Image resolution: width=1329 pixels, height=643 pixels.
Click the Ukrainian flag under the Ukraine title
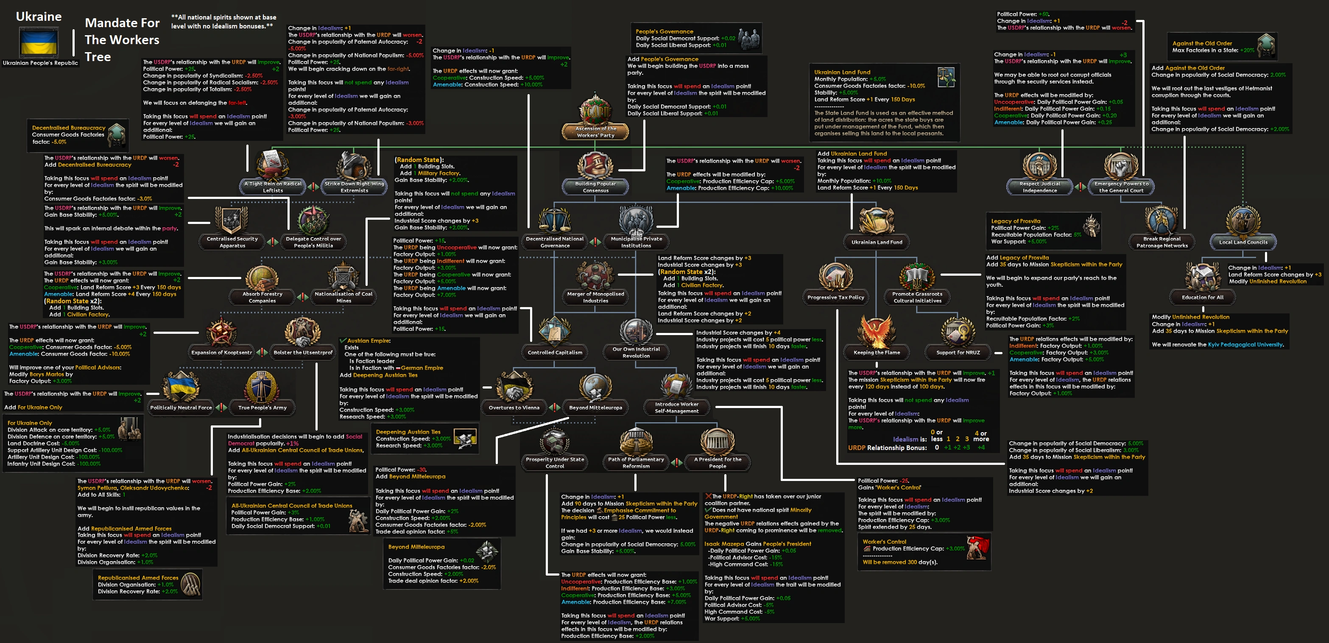pyautogui.click(x=39, y=43)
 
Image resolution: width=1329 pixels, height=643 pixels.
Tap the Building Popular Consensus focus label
pyautogui.click(x=595, y=187)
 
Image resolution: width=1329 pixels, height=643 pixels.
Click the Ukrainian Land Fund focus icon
pyautogui.click(x=876, y=221)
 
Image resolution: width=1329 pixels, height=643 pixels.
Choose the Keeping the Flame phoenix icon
pyautogui.click(x=876, y=330)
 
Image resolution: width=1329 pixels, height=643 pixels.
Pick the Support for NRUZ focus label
pyautogui.click(x=958, y=352)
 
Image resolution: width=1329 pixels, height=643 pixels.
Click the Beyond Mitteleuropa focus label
pyautogui.click(x=595, y=408)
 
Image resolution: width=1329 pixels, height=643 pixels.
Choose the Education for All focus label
pyautogui.click(x=1202, y=297)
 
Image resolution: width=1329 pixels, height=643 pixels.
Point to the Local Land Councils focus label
pyautogui.click(x=1243, y=242)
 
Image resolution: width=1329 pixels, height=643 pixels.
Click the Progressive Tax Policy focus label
pyautogui.click(x=835, y=297)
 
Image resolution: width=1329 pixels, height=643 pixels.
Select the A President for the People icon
pyautogui.click(x=717, y=441)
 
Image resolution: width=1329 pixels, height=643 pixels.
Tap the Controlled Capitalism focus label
pyautogui.click(x=555, y=352)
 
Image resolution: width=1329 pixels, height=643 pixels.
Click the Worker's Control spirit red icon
pyautogui.click(x=977, y=548)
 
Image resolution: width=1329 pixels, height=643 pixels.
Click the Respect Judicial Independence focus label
pyautogui.click(x=1039, y=187)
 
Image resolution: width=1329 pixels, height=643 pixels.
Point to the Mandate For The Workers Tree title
pyautogui.click(x=122, y=40)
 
